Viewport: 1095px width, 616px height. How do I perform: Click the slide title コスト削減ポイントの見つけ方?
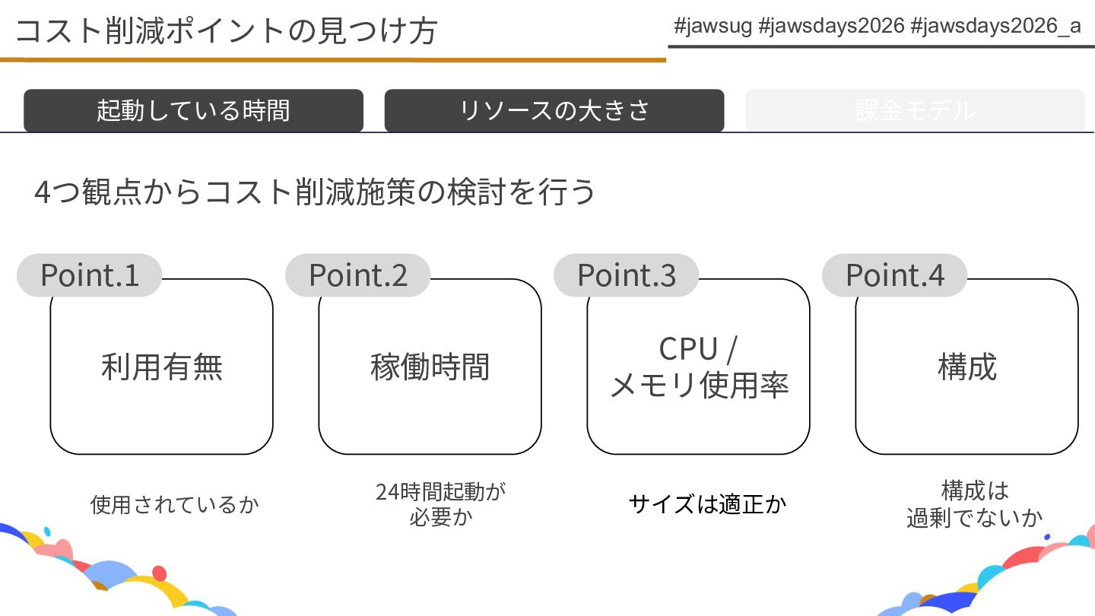226,31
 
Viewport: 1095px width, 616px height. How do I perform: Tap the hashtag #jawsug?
713,27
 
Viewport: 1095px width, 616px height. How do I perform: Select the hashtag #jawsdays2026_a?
995,27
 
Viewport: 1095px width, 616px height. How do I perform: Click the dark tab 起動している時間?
193,110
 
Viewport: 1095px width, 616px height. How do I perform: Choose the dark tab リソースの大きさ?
554,110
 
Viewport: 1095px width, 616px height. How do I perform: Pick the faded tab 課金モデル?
915,110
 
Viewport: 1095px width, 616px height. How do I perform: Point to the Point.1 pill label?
90,275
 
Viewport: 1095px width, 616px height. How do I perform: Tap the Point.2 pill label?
358,275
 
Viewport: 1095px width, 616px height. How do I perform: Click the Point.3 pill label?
627,275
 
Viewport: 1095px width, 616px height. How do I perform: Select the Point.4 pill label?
895,275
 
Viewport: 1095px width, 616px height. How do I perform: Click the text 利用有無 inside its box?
162,367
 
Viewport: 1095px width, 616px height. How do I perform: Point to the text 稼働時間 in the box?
430,367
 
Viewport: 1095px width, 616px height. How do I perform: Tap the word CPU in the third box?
688,349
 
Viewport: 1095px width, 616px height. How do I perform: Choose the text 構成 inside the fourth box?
967,367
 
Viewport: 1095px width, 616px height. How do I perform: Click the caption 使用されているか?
175,504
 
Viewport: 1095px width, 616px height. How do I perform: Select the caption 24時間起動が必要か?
441,504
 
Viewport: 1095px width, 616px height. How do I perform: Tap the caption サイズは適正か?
707,504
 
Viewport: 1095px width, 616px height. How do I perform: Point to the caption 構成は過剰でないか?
974,504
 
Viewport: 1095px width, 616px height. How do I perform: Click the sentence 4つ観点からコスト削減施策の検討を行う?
315,192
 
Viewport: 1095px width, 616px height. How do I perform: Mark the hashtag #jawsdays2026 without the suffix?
832,27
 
